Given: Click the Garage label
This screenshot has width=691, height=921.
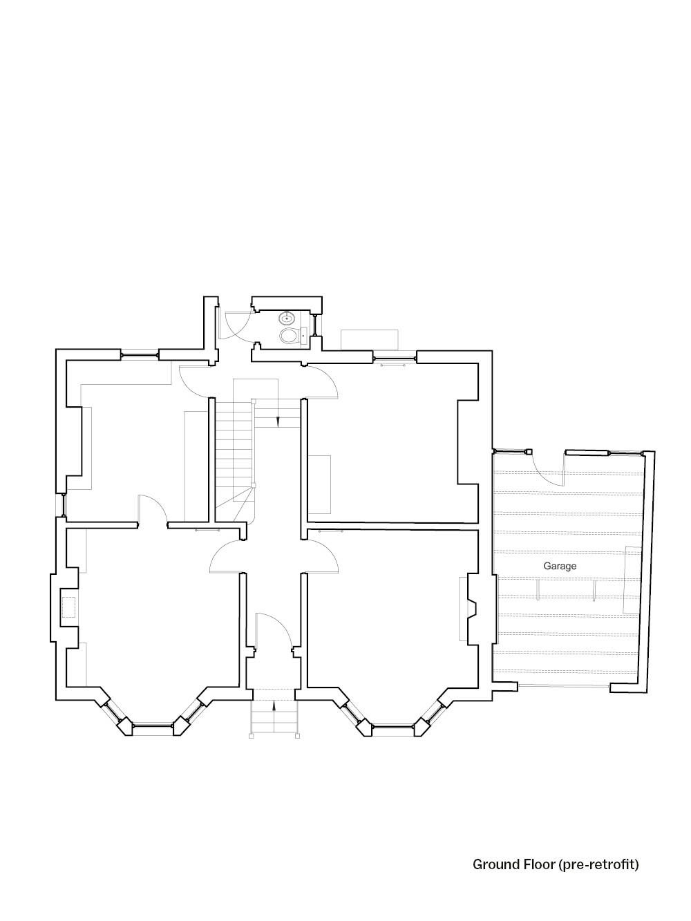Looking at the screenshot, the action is [x=560, y=566].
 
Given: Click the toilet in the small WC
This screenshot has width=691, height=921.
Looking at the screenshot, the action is [x=290, y=335].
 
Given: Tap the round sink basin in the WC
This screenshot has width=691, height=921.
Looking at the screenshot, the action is [x=287, y=318].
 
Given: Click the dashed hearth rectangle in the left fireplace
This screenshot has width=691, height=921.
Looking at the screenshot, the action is [x=68, y=607].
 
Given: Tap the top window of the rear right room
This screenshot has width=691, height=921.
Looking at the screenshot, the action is [x=395, y=358].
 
